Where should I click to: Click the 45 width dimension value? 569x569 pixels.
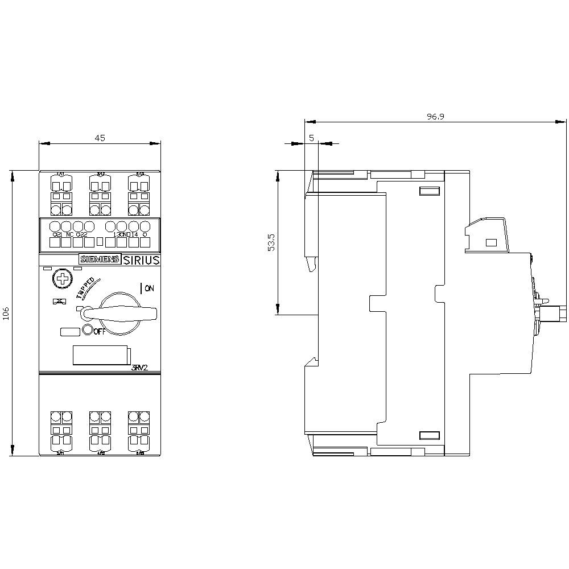point(100,138)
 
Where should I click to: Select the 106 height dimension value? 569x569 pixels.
point(6,314)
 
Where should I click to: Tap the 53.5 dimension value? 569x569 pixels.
point(271,242)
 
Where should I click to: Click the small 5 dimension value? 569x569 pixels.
point(311,138)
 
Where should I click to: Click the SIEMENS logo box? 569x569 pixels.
point(100,259)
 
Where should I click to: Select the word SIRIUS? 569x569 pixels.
point(141,259)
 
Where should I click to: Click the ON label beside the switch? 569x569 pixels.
point(149,288)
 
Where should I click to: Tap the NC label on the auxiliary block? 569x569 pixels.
point(69,234)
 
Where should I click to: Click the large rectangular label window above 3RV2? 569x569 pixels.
point(101,354)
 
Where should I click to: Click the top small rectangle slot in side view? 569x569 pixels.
point(430,191)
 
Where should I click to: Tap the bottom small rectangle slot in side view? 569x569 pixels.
point(430,436)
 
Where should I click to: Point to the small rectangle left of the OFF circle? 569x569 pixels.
point(69,331)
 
